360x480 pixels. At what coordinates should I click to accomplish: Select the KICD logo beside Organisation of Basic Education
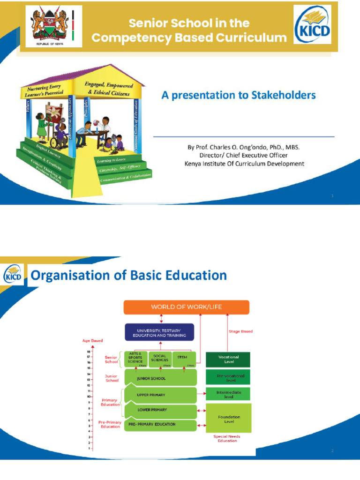pyautogui.click(x=13, y=275)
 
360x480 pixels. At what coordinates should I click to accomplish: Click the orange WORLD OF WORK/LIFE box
pyautogui.click(x=186, y=307)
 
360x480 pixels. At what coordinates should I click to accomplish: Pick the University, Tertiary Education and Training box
pyautogui.click(x=159, y=332)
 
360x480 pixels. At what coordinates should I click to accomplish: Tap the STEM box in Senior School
pyautogui.click(x=183, y=359)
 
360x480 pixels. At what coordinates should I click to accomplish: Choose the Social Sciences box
pyautogui.click(x=160, y=359)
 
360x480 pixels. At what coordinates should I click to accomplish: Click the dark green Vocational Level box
pyautogui.click(x=228, y=360)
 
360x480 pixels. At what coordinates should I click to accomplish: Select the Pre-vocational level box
pyautogui.click(x=228, y=377)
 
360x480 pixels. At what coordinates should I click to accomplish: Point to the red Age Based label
pyautogui.click(x=92, y=341)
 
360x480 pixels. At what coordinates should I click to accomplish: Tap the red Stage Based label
pyautogui.click(x=240, y=331)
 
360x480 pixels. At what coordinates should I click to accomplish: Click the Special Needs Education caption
pyautogui.click(x=227, y=439)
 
